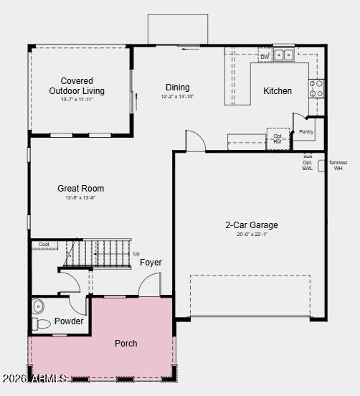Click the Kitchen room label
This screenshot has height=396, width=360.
pos(278,91)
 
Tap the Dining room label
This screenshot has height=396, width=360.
pos(178,88)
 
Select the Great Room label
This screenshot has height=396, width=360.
pos(81,189)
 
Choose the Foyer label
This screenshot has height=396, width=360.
pos(151,263)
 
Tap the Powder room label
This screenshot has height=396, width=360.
pos(69,321)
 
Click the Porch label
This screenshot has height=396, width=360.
pos(126,344)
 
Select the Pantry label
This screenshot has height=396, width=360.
pos(306,131)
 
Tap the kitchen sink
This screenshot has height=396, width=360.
pos(283,55)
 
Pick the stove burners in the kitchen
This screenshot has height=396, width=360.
pos(316,88)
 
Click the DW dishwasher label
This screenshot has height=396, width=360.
pos(265,57)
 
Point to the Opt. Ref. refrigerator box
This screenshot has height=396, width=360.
pos(278,138)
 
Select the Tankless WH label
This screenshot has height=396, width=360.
pos(338,165)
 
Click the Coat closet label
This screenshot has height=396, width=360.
pos(44,245)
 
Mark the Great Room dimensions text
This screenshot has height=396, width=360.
pos(81,198)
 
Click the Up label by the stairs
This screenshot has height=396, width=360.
pos(136,253)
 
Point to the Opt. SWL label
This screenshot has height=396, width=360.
pos(307,165)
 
